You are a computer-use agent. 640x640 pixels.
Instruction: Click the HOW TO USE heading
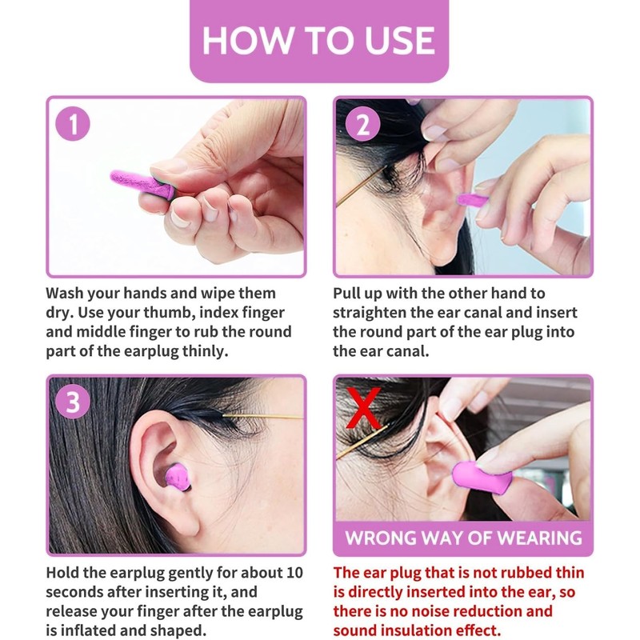pyautogui.click(x=318, y=40)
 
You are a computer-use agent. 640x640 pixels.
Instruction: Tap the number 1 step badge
pyautogui.click(x=73, y=124)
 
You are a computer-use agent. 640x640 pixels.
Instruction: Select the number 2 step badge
pyautogui.click(x=362, y=124)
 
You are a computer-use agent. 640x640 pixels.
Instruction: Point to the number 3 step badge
pyautogui.click(x=73, y=402)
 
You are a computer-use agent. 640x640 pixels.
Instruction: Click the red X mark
pyautogui.click(x=363, y=407)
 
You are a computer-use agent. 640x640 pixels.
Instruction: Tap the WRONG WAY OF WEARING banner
pyautogui.click(x=463, y=538)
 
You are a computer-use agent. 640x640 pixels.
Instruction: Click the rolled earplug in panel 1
pyautogui.click(x=142, y=185)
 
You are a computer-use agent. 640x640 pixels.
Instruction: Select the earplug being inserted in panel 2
pyautogui.click(x=472, y=201)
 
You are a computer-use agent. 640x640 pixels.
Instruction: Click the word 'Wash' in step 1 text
pyautogui.click(x=64, y=293)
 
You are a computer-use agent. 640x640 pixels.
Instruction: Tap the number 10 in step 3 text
pyautogui.click(x=294, y=572)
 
